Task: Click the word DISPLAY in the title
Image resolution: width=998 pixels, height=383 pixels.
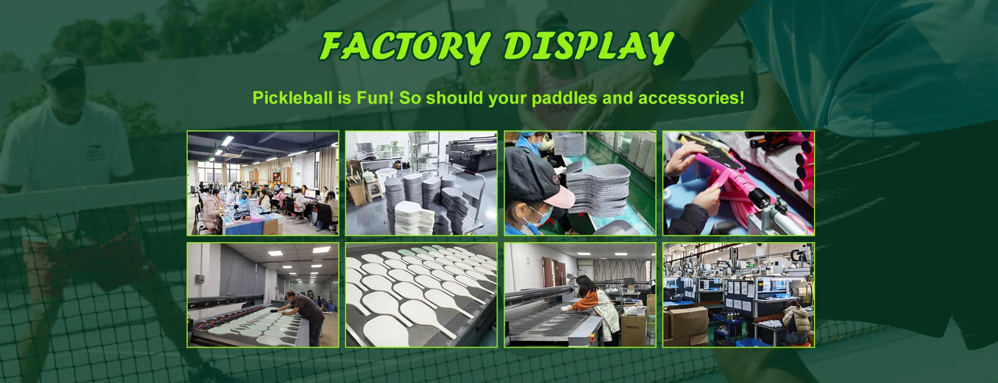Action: [x=589, y=47]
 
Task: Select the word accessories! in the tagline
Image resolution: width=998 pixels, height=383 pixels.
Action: [x=691, y=98]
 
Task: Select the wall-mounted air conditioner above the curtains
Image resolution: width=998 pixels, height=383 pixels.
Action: [x=584, y=263]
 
